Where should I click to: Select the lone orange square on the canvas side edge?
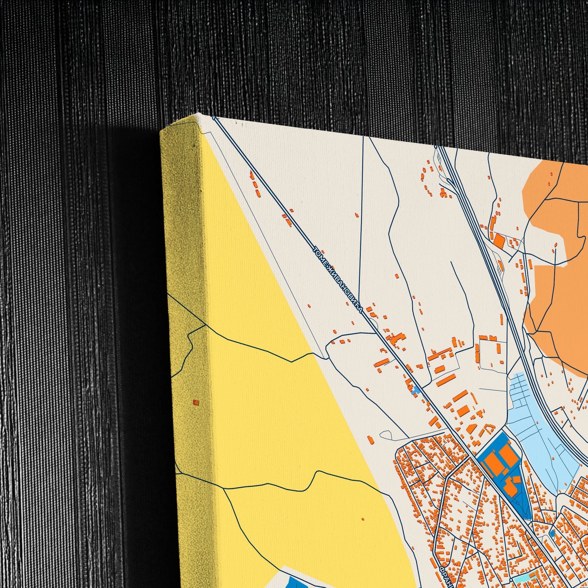pyautogui.click(x=196, y=403)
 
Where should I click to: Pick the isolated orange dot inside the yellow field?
pyautogui.click(x=362, y=518)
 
